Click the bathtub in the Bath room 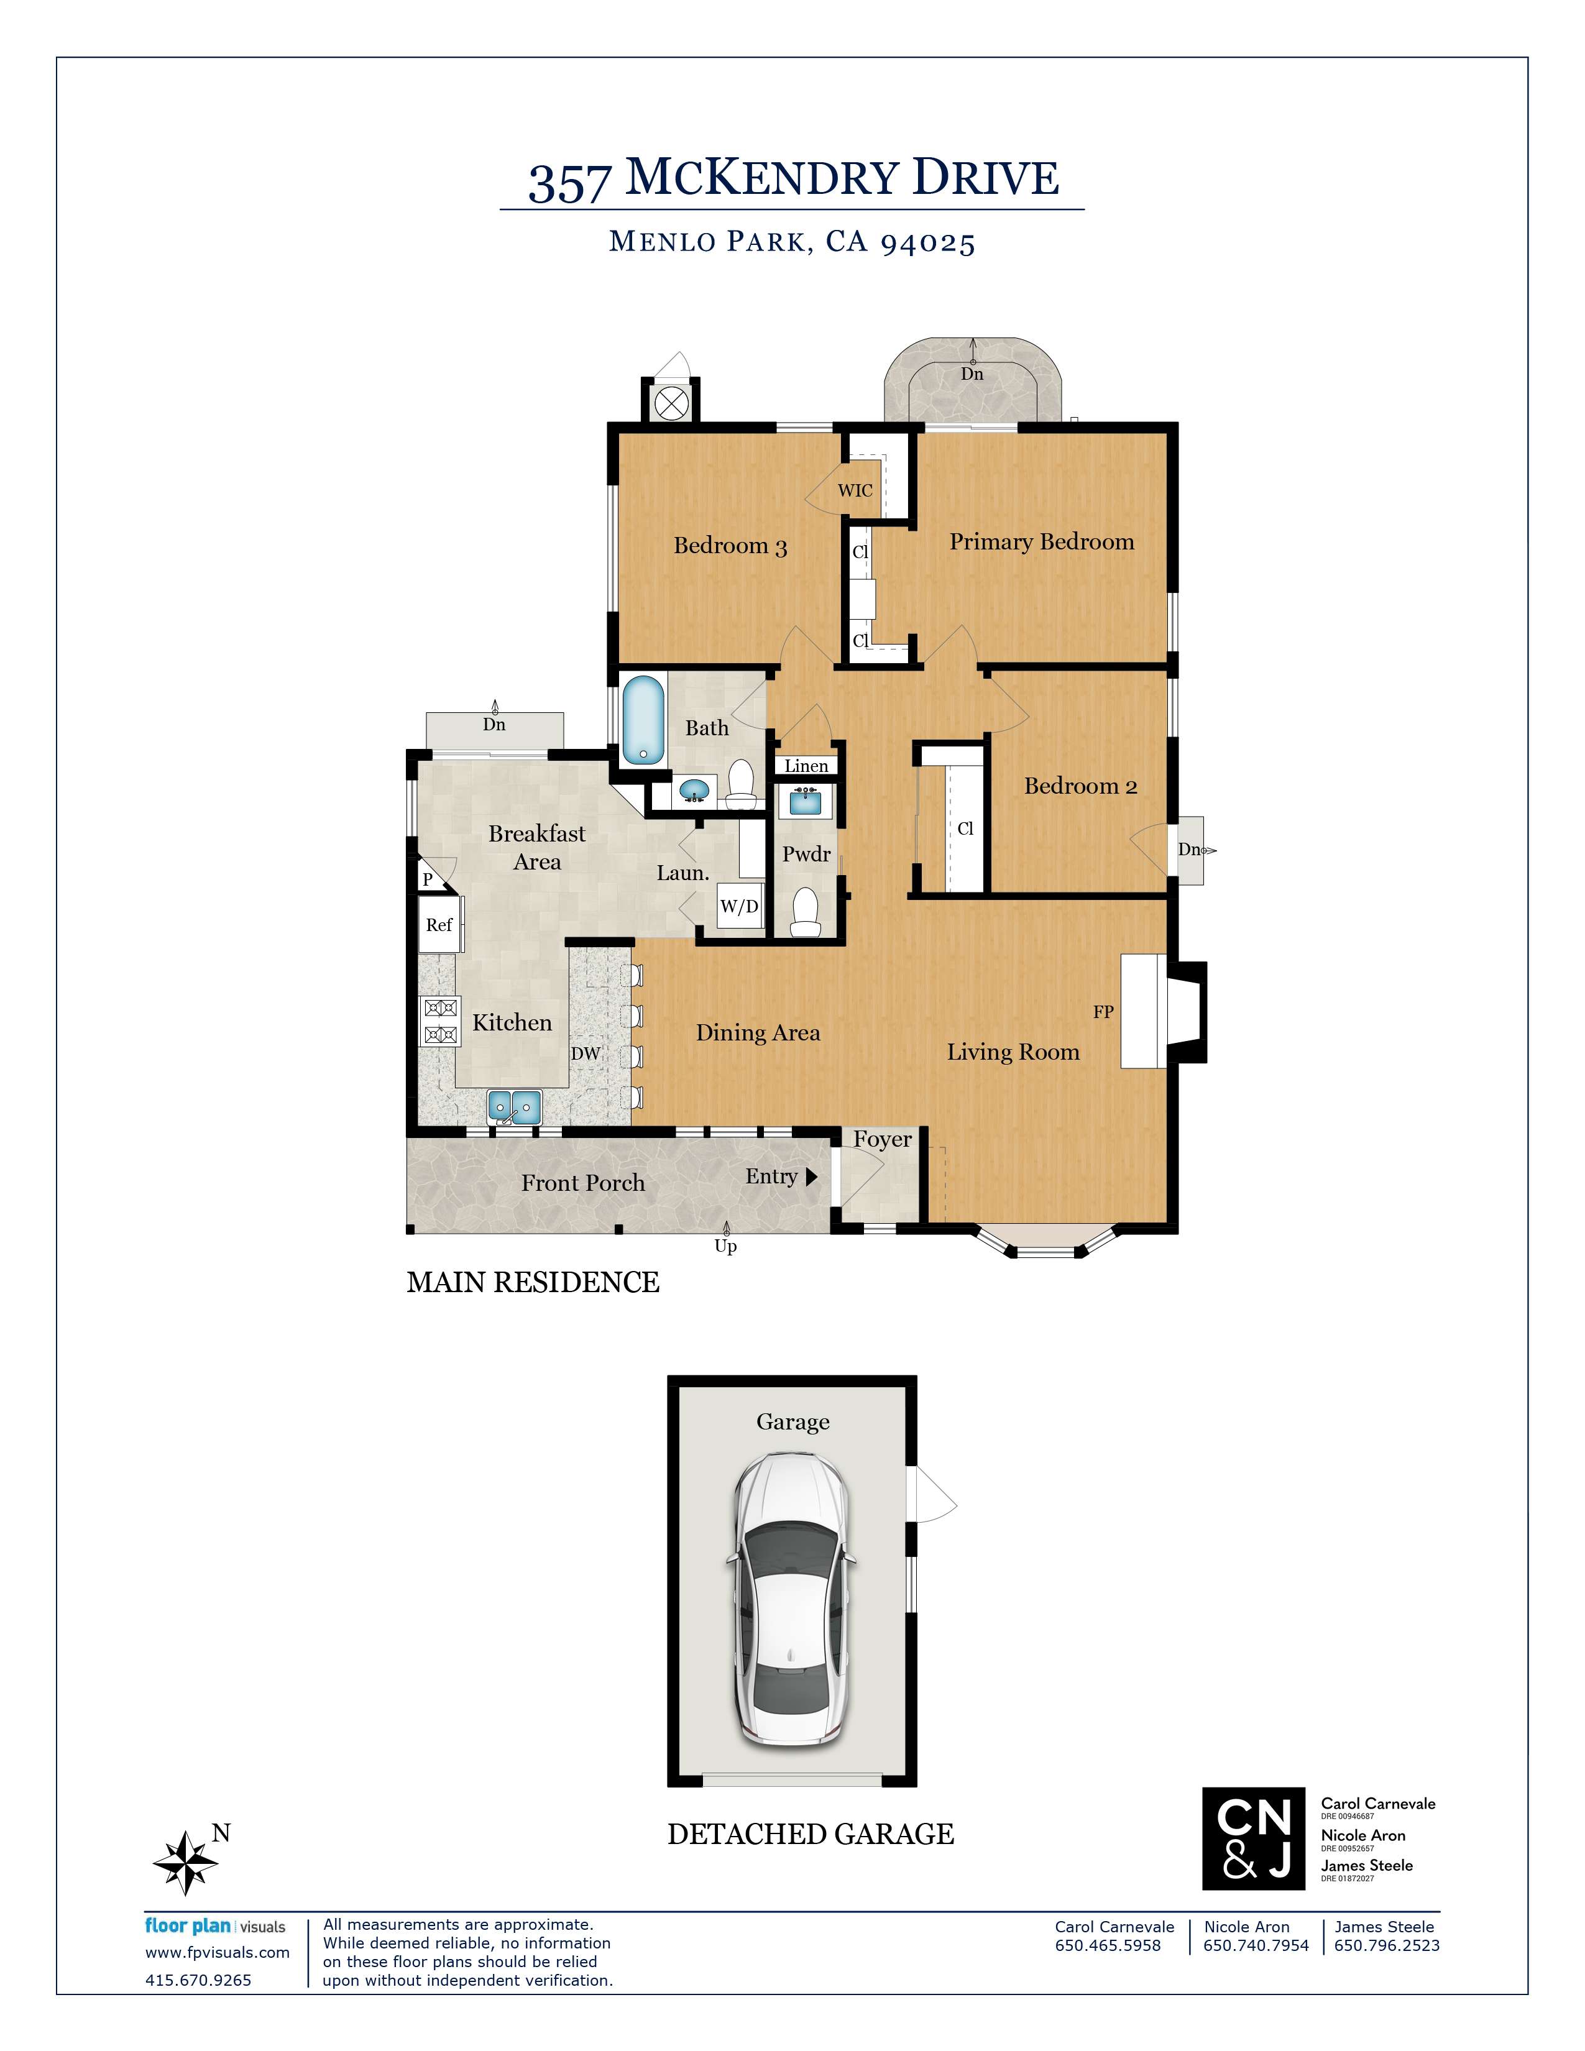643,720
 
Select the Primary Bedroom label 1041,542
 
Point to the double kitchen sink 515,1107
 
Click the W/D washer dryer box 739,906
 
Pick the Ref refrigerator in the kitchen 439,925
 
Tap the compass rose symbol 186,1862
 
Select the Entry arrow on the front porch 812,1177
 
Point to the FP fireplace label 1103,1012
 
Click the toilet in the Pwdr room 806,912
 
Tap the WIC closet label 855,490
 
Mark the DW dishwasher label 585,1053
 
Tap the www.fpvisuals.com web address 217,1952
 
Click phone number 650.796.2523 1387,1946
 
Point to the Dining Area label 758,1033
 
